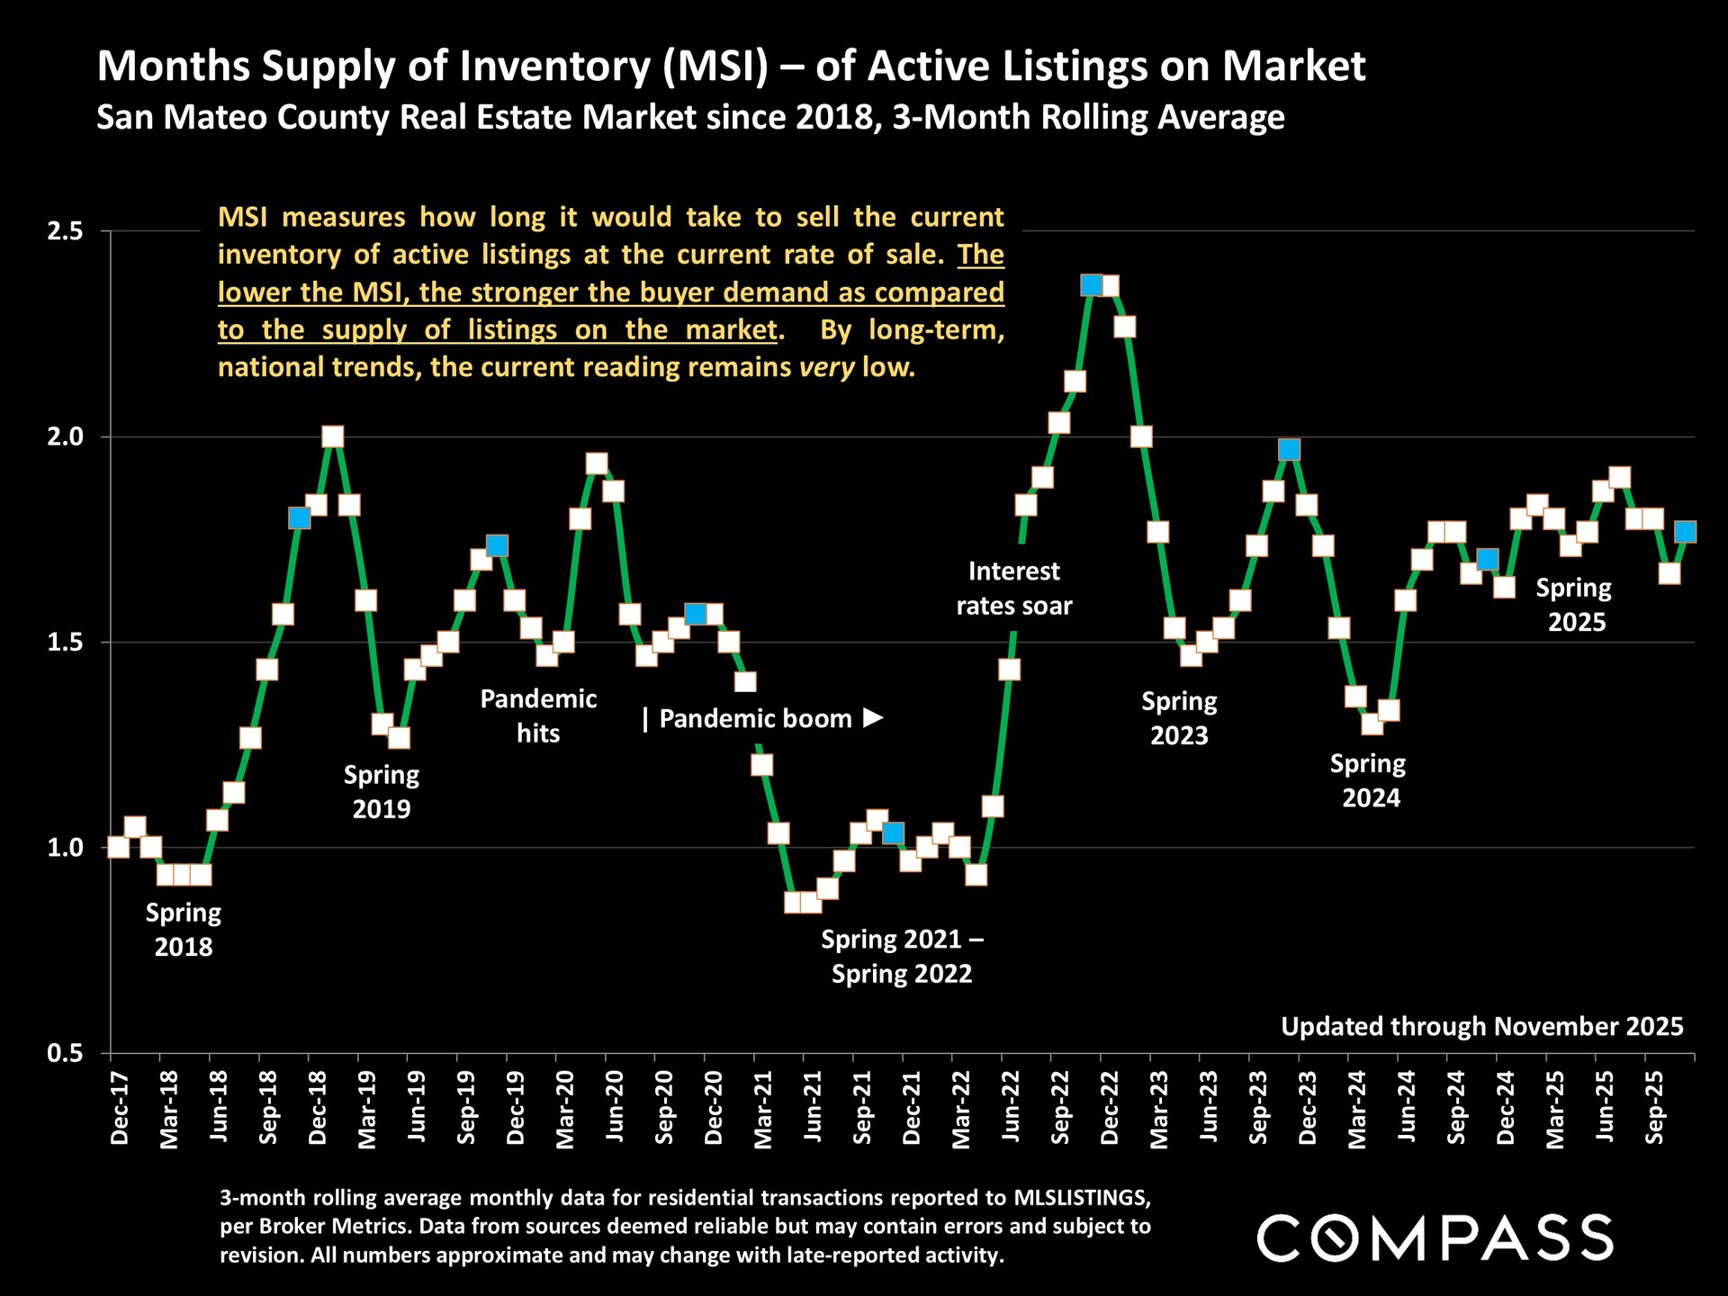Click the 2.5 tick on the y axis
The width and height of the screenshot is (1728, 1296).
(x=64, y=231)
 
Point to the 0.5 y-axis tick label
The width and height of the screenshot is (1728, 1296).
(x=64, y=1053)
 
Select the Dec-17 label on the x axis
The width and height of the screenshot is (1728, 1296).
(x=120, y=1109)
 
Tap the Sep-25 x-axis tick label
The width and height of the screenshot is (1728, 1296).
(x=1654, y=1109)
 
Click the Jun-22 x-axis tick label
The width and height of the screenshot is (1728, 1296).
(x=1011, y=1109)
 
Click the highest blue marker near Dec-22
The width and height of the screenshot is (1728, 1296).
(x=1092, y=285)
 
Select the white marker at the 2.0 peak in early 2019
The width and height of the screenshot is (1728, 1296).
(x=333, y=436)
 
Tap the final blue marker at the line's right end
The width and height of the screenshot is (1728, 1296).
(x=1686, y=532)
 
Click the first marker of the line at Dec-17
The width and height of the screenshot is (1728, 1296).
(x=118, y=847)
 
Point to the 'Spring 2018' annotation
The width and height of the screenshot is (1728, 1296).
(x=184, y=930)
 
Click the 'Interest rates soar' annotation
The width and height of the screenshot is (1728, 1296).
(x=1014, y=589)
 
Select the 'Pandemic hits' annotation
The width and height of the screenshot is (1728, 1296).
(x=538, y=716)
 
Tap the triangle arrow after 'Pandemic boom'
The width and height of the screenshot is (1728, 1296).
(x=873, y=718)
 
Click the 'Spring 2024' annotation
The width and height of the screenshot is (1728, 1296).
(x=1369, y=780)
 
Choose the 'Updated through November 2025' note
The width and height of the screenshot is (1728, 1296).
(x=1481, y=1027)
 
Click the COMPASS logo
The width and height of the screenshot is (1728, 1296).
(x=1435, y=1237)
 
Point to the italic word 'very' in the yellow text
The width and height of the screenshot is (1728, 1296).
(x=826, y=367)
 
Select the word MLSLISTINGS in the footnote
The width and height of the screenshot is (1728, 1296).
(x=1082, y=1198)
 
